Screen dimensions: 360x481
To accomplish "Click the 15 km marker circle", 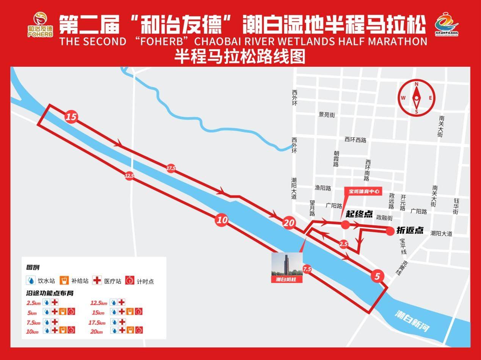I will pos(71,117).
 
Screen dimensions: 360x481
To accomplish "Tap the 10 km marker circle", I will pos(222,220).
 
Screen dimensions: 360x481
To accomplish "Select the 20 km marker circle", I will pos(288,223).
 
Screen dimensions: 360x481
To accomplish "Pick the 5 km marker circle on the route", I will pos(377,277).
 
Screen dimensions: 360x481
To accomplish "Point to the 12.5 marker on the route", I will pos(129,176).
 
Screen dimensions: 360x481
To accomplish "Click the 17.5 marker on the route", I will pos(171,168).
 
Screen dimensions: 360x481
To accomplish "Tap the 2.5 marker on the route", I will pos(343,244).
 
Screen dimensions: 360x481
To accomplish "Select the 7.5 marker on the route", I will pos(307,269).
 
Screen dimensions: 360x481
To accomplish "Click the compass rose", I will pos(416,97).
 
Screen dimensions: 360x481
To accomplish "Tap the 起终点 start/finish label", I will pos(359,214).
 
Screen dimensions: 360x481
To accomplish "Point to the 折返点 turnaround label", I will pos(410,230).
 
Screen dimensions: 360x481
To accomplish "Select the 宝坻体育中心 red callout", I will pos(362,191).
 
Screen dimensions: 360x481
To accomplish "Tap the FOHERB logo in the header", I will pos(40,25).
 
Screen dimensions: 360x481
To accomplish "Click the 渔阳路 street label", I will pos(323,188).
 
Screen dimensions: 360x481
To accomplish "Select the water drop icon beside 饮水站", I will pos(31,281).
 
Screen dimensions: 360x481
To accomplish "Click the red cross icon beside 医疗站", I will pos(97,281).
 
